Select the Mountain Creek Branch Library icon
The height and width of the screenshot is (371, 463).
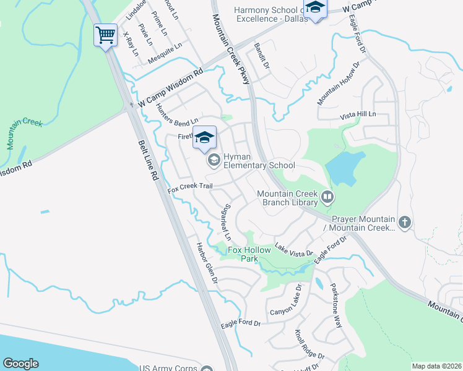coord(327,198)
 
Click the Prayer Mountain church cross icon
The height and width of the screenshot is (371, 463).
coord(405,222)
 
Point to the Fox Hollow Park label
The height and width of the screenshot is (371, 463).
coord(251,254)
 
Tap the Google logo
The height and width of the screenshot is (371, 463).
coord(21,364)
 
